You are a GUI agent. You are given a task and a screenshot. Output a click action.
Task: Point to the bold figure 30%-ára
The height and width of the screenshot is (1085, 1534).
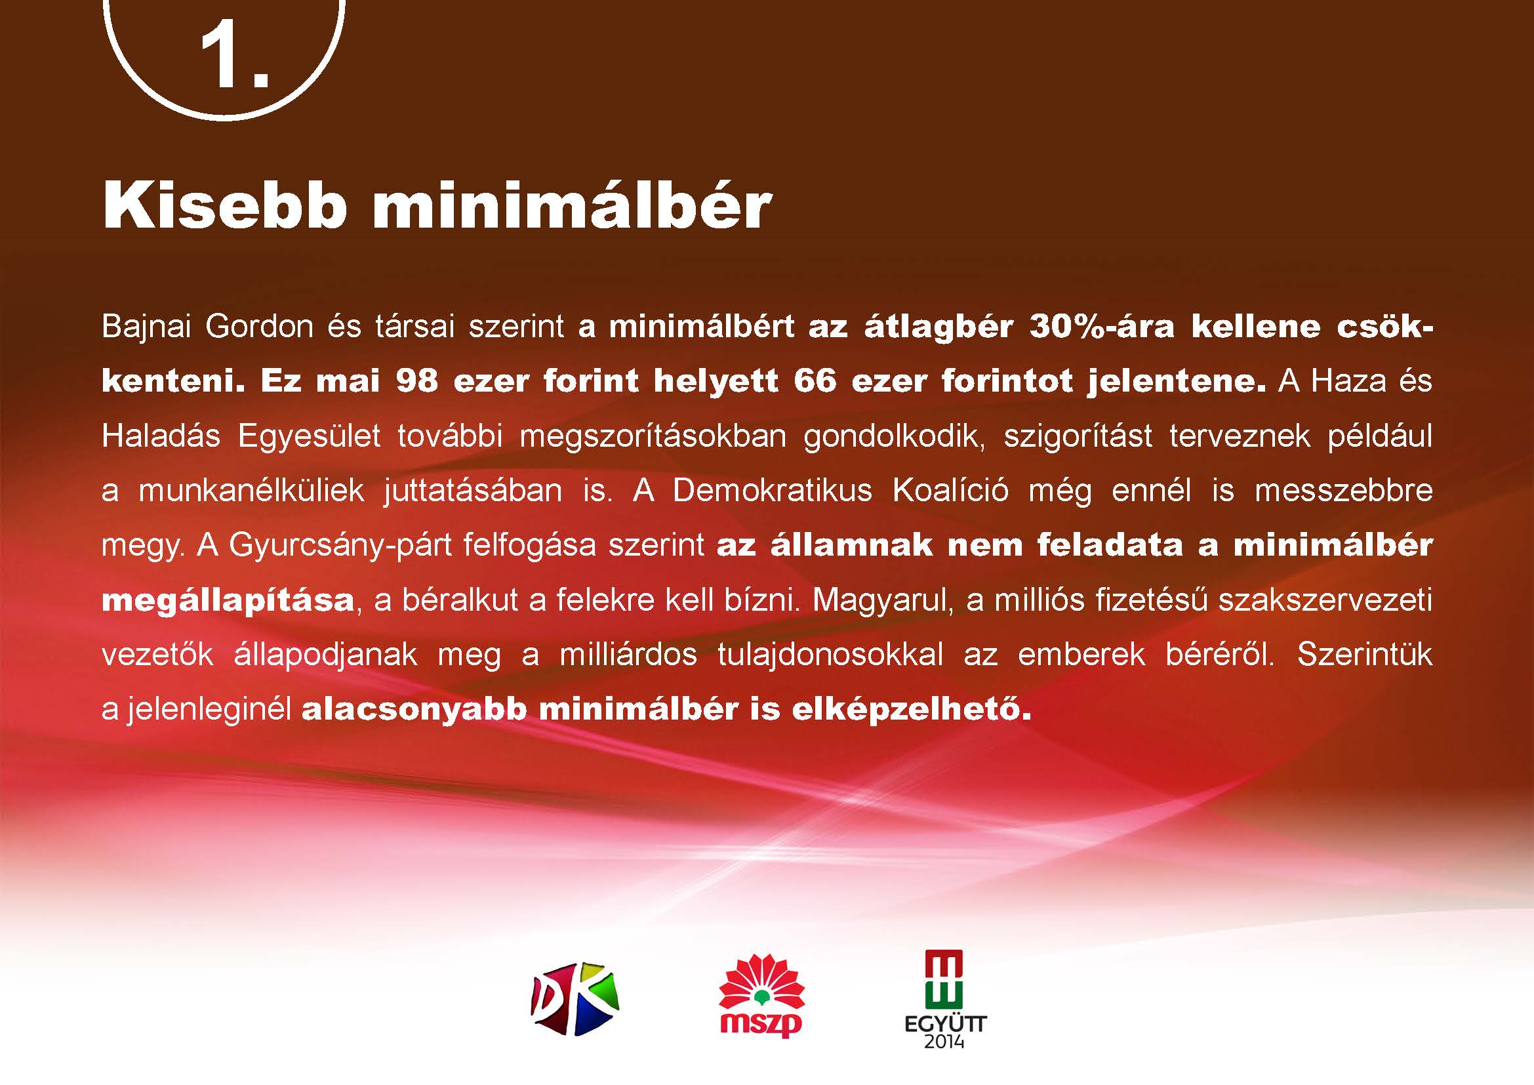(1101, 327)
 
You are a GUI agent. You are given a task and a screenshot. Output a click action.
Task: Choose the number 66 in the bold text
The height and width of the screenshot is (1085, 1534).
(815, 382)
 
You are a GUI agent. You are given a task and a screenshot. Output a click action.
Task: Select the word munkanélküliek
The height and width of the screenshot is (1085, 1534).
(251, 491)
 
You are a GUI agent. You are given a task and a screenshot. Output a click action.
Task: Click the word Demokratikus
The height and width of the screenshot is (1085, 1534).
(773, 491)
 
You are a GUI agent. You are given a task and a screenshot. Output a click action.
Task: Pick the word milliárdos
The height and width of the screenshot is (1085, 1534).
(628, 655)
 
